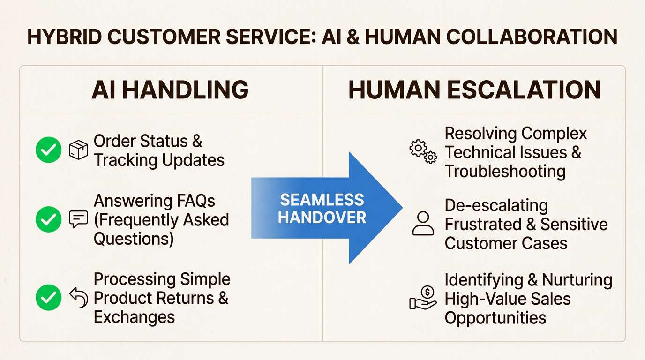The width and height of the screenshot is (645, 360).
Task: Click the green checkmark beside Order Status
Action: [x=49, y=150]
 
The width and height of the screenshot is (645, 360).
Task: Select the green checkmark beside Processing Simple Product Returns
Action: [x=49, y=298]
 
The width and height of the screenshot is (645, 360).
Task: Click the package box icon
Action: [x=78, y=150]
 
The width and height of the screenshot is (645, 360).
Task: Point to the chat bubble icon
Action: [x=78, y=219]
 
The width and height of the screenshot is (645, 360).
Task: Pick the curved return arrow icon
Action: [x=78, y=298]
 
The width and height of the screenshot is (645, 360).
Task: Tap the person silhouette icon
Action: [x=423, y=223]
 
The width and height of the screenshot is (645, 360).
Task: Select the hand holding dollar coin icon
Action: [x=423, y=298]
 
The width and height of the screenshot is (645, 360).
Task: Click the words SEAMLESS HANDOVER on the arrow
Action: [x=322, y=209]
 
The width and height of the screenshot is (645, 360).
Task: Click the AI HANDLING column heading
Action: [x=170, y=90]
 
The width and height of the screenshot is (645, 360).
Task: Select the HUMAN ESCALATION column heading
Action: [x=474, y=90]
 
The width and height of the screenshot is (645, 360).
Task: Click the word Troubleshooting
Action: [x=505, y=172]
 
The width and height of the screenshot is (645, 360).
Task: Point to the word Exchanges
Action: [x=134, y=317]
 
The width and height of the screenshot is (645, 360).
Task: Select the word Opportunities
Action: [x=495, y=318]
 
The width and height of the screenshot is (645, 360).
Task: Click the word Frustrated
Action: [x=483, y=225]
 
